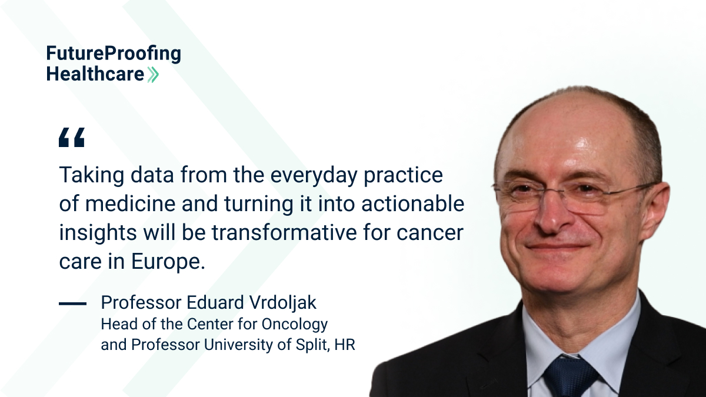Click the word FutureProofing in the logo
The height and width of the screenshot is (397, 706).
pyautogui.click(x=114, y=54)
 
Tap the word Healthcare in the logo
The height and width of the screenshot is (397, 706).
pyautogui.click(x=95, y=74)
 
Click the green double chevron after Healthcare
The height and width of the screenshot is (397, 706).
pyautogui.click(x=153, y=75)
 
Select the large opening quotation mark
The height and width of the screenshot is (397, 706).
pyautogui.click(x=72, y=138)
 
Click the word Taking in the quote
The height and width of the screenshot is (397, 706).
pyautogui.click(x=92, y=175)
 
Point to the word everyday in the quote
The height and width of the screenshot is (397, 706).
pyautogui.click(x=314, y=175)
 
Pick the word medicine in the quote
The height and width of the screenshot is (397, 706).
pyautogui.click(x=130, y=203)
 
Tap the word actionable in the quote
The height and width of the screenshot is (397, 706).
pyautogui.click(x=412, y=203)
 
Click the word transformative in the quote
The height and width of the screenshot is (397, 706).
pyautogui.click(x=285, y=232)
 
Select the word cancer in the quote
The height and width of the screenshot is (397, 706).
pyautogui.click(x=430, y=233)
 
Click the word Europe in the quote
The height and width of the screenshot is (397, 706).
pyautogui.click(x=166, y=262)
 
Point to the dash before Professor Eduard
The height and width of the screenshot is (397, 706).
pyautogui.click(x=72, y=303)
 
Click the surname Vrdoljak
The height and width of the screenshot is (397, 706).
pyautogui.click(x=283, y=303)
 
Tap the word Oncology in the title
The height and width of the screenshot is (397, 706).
pyautogui.click(x=295, y=325)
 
